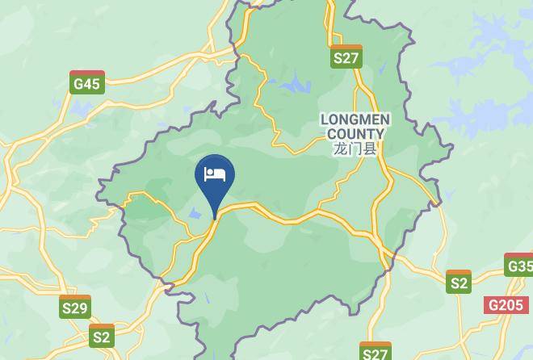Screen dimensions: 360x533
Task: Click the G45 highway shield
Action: coord(86,82)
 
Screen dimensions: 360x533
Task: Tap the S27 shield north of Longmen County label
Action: coord(346,57)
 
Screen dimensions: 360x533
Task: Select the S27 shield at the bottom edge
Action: coord(376,352)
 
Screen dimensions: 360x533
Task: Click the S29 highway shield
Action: coord(75,307)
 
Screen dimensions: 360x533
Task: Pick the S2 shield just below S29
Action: coord(102,336)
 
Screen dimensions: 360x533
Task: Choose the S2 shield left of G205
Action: coord(459,282)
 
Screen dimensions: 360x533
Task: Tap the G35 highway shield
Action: coord(519,265)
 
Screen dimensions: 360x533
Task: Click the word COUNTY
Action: coord(355,133)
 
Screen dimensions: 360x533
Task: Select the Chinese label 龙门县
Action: coord(355,149)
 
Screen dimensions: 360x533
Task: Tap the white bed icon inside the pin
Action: coord(215,174)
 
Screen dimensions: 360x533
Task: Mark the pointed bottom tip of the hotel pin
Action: coord(215,217)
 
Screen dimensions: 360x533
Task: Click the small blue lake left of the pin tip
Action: coord(195,214)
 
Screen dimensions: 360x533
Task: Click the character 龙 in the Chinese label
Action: coord(339,149)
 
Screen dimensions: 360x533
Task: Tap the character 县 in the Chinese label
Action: coord(371,149)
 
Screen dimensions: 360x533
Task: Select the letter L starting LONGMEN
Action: coord(325,119)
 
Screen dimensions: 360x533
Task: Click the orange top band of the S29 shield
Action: coord(75,298)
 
